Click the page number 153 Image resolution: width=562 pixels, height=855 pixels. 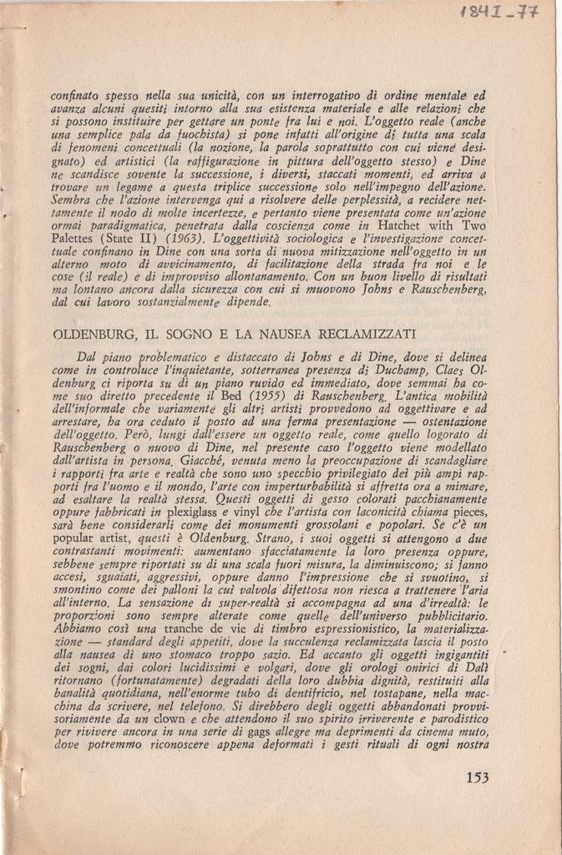tap(477, 777)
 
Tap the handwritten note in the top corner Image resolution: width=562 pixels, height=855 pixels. tap(509, 14)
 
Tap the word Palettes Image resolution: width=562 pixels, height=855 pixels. tap(76, 238)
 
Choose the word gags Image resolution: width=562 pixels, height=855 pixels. tap(260, 731)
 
